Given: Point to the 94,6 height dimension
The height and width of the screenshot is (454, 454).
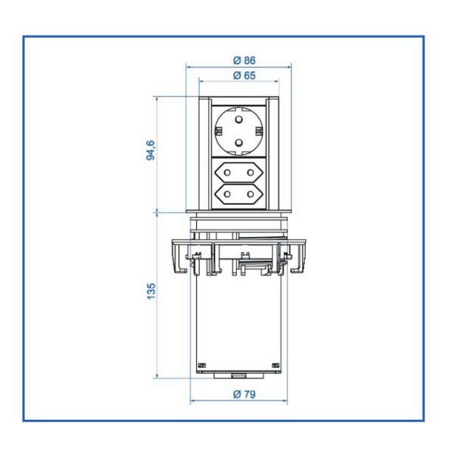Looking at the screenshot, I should click(x=151, y=150).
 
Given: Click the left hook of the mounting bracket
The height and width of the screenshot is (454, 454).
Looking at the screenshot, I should click(x=178, y=262).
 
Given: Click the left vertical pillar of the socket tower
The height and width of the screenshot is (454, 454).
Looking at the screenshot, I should click(x=204, y=155).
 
